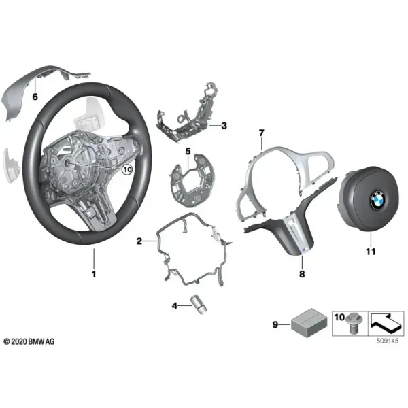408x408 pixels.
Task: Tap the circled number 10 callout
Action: point(127,170)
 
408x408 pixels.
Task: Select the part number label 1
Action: point(94,274)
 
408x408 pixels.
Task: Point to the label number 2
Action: point(139,241)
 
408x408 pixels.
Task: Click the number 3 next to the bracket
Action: point(224,126)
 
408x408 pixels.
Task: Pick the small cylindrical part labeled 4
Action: point(199,305)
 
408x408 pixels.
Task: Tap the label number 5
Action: point(188,151)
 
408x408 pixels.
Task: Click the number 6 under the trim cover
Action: point(35,97)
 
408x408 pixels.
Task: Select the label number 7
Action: point(262,133)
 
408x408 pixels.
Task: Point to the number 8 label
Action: point(302,274)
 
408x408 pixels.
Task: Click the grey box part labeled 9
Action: point(309,322)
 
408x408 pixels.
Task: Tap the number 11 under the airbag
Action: point(371,252)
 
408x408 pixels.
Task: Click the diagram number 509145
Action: point(388,341)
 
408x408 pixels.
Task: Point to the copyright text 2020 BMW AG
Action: point(29,341)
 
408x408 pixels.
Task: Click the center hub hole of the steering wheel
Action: point(67,163)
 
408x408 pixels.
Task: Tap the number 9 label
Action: point(275,324)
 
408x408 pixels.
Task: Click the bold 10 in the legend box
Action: point(339,317)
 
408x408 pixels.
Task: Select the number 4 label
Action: point(174,305)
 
